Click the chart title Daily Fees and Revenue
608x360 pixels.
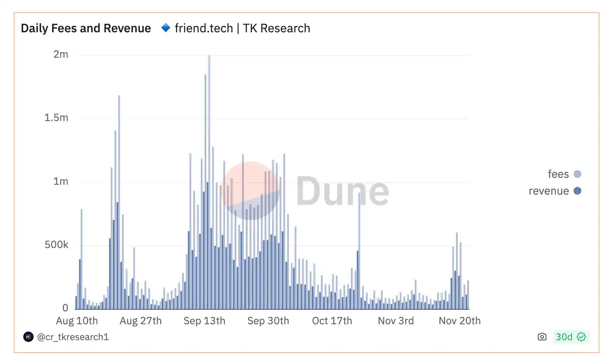coord(86,28)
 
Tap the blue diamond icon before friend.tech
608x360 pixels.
coord(165,28)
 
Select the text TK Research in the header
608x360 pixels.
coord(276,28)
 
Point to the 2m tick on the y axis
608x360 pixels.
coord(60,55)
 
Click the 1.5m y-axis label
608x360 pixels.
coord(56,118)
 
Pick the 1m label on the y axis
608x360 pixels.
coord(61,181)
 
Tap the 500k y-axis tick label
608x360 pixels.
coord(56,245)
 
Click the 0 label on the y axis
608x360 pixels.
coord(65,308)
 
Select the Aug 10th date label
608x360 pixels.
coord(77,321)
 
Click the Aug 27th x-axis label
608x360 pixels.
coord(141,321)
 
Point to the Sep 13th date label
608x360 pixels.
coord(204,321)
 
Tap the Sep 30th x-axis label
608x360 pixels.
coord(268,321)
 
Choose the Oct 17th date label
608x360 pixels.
coord(332,321)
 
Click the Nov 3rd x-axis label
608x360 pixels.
coord(396,321)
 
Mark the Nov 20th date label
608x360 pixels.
coord(459,321)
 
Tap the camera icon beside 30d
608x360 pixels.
coord(542,337)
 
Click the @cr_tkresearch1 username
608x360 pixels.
coord(73,337)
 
